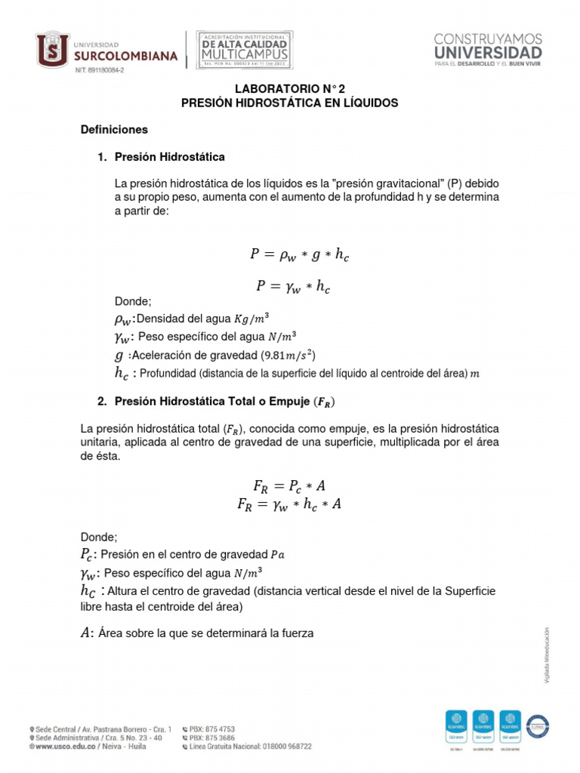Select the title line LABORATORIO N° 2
coord(289,88)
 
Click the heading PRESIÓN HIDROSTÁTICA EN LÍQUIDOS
coord(289,103)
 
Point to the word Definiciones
coord(114,130)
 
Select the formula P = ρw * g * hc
coord(300,255)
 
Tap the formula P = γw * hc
coord(293,286)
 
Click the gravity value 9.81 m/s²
coord(288,355)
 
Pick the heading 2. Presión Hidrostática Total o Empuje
coord(217,401)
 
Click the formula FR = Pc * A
coord(290,485)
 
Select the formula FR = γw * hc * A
coord(290,504)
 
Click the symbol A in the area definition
coord(85,633)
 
